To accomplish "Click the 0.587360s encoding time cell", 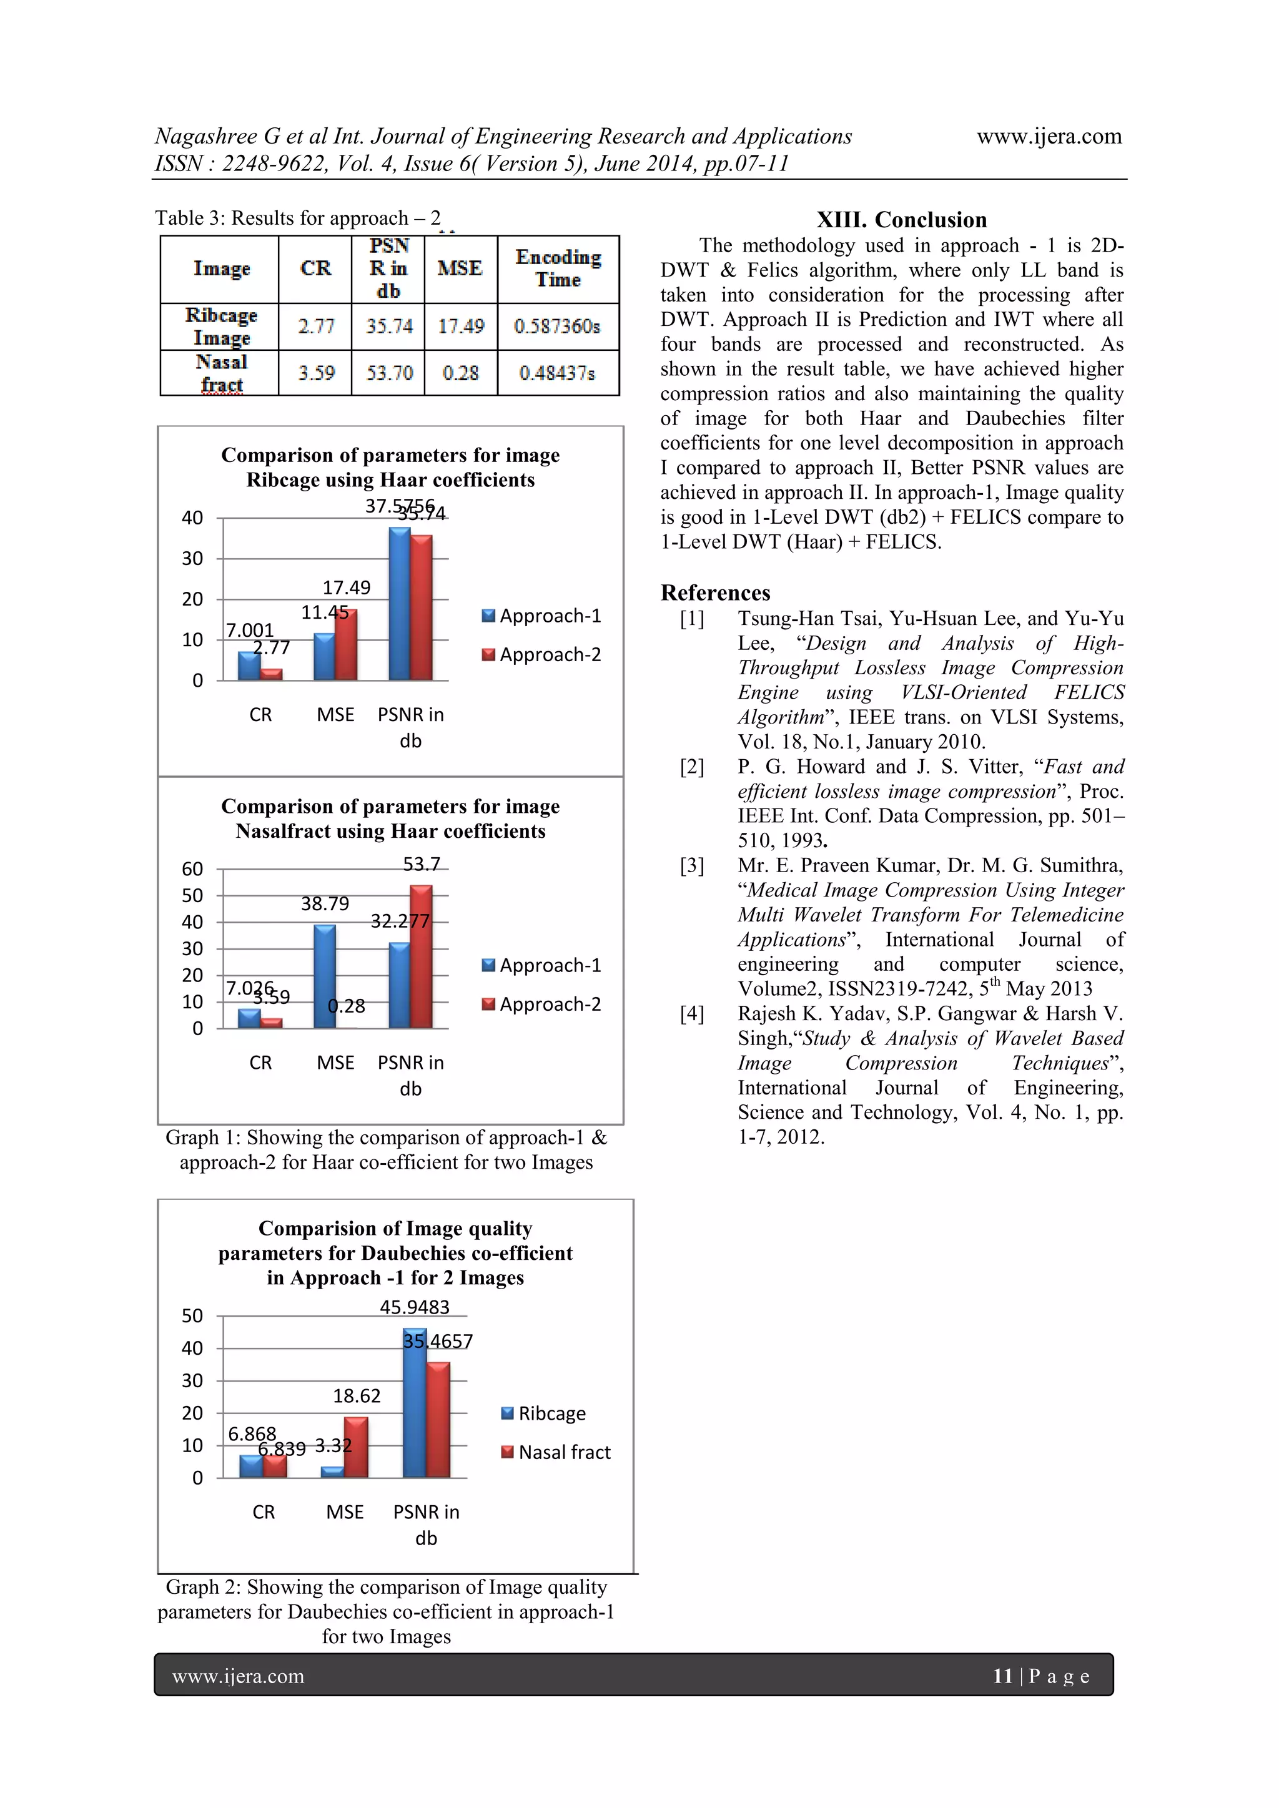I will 558,326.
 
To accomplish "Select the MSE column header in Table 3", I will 460,268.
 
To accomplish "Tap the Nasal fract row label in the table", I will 221,373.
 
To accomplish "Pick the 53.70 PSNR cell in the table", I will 389,373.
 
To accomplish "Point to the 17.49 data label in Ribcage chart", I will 347,587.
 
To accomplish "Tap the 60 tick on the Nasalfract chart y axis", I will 192,870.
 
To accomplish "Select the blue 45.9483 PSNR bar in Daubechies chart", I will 414,1403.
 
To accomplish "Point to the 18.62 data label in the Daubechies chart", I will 357,1396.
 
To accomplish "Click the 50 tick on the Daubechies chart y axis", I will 192,1316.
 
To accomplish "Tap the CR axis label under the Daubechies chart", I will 264,1512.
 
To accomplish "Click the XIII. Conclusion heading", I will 901,220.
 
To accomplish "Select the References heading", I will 715,593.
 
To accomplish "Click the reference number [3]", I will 692,866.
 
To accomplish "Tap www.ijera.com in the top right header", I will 1049,136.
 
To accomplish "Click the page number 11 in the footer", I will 1002,1676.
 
